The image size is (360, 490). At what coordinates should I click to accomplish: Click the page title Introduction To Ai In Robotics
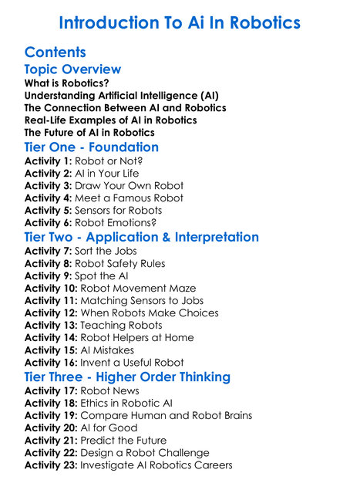(x=180, y=22)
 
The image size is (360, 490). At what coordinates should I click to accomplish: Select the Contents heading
(x=55, y=52)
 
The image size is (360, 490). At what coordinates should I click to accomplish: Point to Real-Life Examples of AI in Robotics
(x=110, y=120)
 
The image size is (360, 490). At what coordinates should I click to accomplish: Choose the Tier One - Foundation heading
(x=92, y=147)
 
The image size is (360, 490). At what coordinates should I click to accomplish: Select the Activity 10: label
(x=51, y=288)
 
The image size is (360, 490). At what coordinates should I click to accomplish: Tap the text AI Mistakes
(x=110, y=350)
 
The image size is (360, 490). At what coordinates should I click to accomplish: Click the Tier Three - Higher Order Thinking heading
(x=127, y=377)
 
